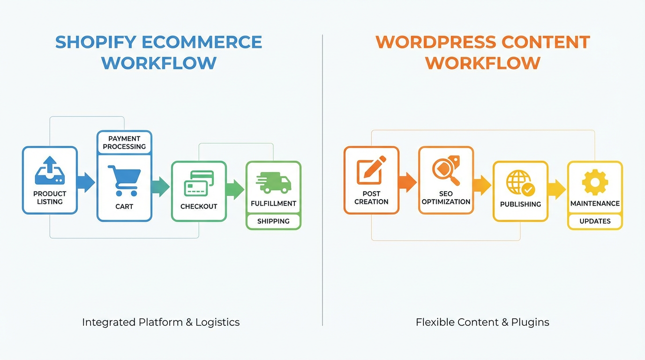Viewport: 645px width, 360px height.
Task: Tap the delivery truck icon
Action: pos(274,182)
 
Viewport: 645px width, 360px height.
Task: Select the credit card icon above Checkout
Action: pos(199,183)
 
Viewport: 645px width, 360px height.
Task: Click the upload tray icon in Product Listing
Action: pos(50,171)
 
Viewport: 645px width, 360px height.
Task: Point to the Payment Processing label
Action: pos(124,142)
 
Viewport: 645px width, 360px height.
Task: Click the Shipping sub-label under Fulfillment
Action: pos(273,221)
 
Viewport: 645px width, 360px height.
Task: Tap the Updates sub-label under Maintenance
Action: pos(595,221)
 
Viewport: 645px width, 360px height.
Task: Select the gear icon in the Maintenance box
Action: pos(595,182)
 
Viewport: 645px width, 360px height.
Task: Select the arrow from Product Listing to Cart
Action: pos(86,182)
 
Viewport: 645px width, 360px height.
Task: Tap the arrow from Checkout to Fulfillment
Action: pos(235,189)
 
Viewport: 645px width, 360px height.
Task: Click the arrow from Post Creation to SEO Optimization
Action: pos(407,182)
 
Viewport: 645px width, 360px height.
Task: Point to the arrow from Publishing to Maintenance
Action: pos(556,189)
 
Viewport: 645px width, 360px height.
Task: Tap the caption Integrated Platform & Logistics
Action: pos(161,322)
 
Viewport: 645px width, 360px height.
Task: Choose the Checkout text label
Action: pos(199,207)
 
